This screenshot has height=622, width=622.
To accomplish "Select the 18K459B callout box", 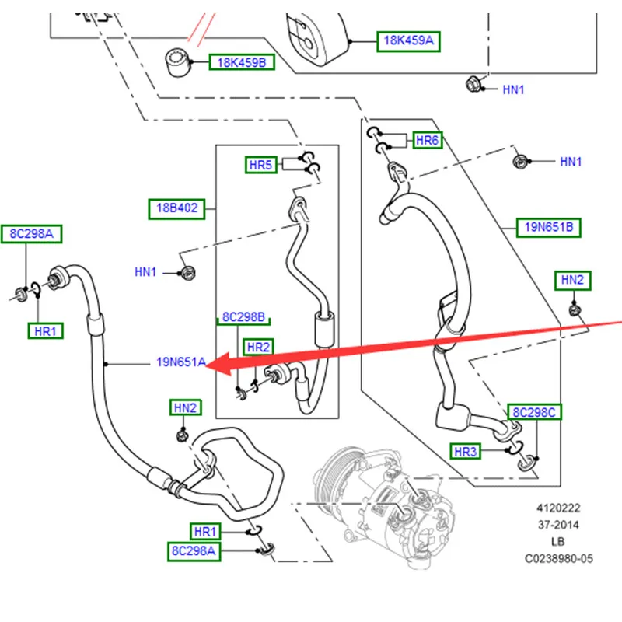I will pyautogui.click(x=241, y=62).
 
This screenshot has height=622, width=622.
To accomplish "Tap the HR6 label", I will pyautogui.click(x=428, y=141).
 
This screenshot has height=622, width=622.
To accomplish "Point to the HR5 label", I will pyautogui.click(x=261, y=165).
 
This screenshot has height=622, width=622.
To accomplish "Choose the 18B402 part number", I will pyautogui.click(x=177, y=208).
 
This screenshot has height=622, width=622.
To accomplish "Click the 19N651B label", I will pyautogui.click(x=549, y=227).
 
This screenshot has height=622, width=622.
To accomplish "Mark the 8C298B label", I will pyautogui.click(x=244, y=317).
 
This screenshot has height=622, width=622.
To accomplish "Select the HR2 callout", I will pyautogui.click(x=258, y=347).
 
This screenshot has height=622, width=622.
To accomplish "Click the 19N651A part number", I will pyautogui.click(x=180, y=362).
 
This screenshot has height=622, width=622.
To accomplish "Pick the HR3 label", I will pyautogui.click(x=465, y=451).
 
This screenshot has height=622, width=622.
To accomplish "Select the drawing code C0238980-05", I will pyautogui.click(x=558, y=557).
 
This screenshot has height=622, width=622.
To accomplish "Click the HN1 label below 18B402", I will pyautogui.click(x=145, y=272).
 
